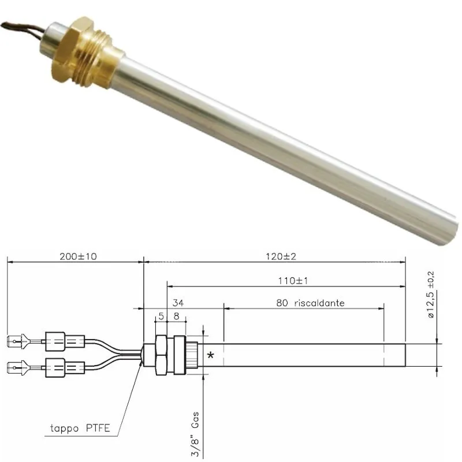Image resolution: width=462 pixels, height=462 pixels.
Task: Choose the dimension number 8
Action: click(176, 316)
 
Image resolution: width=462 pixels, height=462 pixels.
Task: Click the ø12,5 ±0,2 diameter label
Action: click(431, 294)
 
